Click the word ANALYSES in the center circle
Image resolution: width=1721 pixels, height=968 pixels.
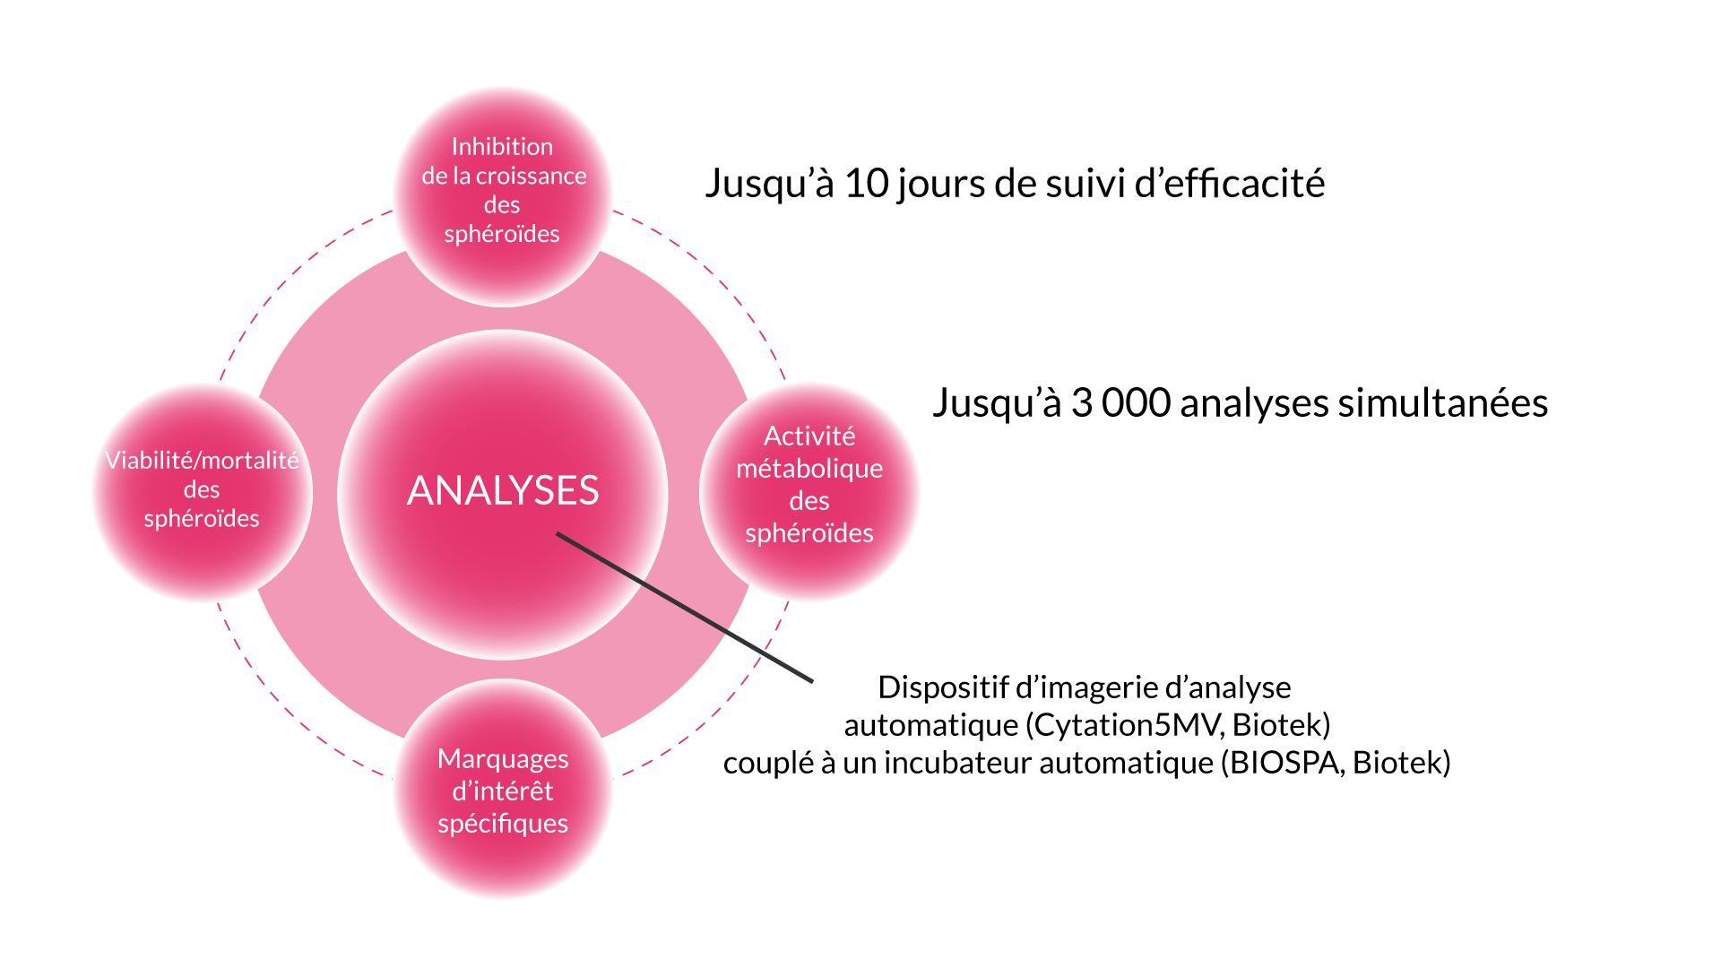click(503, 491)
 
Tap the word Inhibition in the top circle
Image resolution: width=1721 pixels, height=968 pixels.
click(502, 146)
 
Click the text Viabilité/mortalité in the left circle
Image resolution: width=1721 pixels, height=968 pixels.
click(202, 460)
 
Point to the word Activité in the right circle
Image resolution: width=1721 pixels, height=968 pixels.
click(809, 436)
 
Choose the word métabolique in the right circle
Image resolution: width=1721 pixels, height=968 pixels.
click(809, 468)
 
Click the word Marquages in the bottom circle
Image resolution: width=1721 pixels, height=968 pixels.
click(503, 759)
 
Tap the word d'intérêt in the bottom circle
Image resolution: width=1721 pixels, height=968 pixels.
click(503, 791)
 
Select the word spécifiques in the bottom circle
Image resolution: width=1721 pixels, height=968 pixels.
click(503, 824)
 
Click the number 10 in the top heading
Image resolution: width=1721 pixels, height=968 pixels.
click(866, 184)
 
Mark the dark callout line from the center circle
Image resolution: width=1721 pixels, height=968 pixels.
click(685, 608)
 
